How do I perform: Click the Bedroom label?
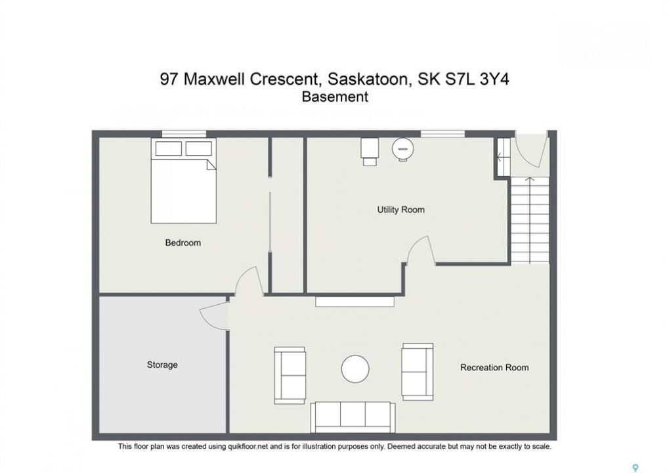183,242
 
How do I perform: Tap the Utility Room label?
400,210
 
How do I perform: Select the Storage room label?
162,365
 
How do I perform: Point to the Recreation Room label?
494,367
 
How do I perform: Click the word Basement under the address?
335,97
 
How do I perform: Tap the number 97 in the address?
169,79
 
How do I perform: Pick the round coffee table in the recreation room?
355,369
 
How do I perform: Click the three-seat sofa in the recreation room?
353,417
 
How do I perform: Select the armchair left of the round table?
290,375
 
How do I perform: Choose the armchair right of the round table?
418,372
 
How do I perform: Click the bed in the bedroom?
183,181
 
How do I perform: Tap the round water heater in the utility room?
402,149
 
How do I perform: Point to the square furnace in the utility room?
370,152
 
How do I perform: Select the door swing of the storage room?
213,315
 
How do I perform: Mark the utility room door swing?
421,250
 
